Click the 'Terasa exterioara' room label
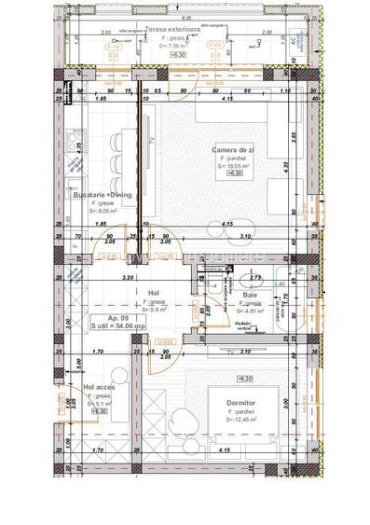point(183,30)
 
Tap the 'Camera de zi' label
point(231,151)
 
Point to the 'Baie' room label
point(251,295)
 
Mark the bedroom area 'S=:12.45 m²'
point(242,419)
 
